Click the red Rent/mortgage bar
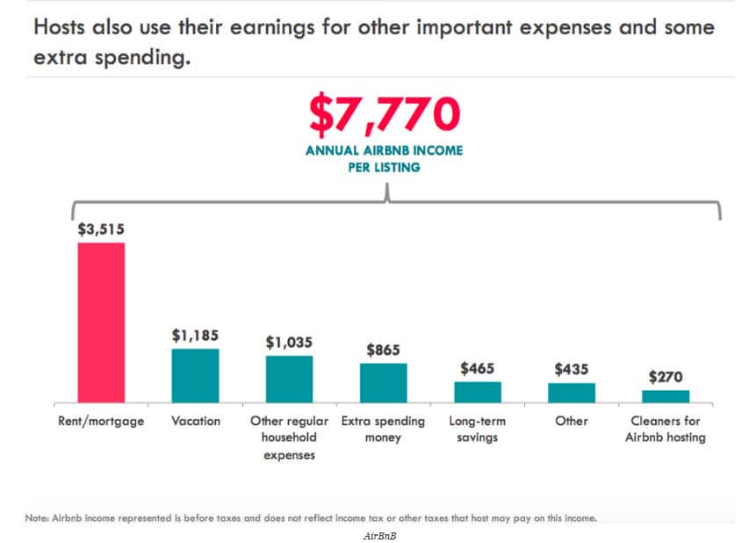101,322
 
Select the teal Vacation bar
195,375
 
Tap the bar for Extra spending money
384,382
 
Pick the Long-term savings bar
478,392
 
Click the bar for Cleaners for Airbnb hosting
666,395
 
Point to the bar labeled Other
572,392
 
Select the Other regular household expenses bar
289,379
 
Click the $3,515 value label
101,229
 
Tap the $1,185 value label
195,335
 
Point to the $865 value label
384,349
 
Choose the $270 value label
666,376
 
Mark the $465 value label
478,368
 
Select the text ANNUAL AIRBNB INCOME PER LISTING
384,158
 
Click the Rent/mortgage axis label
101,421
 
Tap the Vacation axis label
195,421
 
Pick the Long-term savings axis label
478,429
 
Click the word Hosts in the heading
63,27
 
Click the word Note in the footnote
36,518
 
